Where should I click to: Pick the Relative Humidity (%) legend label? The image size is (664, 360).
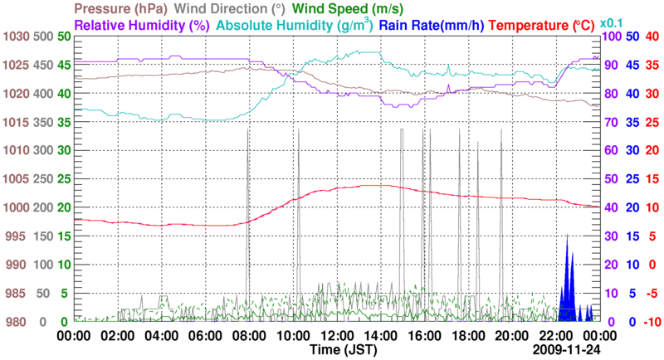click(x=141, y=26)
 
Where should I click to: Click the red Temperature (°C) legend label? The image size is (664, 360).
click(x=548, y=26)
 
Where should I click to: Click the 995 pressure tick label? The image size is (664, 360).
click(x=17, y=236)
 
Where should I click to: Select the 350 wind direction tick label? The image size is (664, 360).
click(x=43, y=122)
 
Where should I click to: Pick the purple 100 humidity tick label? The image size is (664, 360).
click(x=610, y=36)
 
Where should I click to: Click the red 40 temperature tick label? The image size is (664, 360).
click(x=652, y=36)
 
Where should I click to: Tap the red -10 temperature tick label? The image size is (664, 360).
click(x=650, y=322)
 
